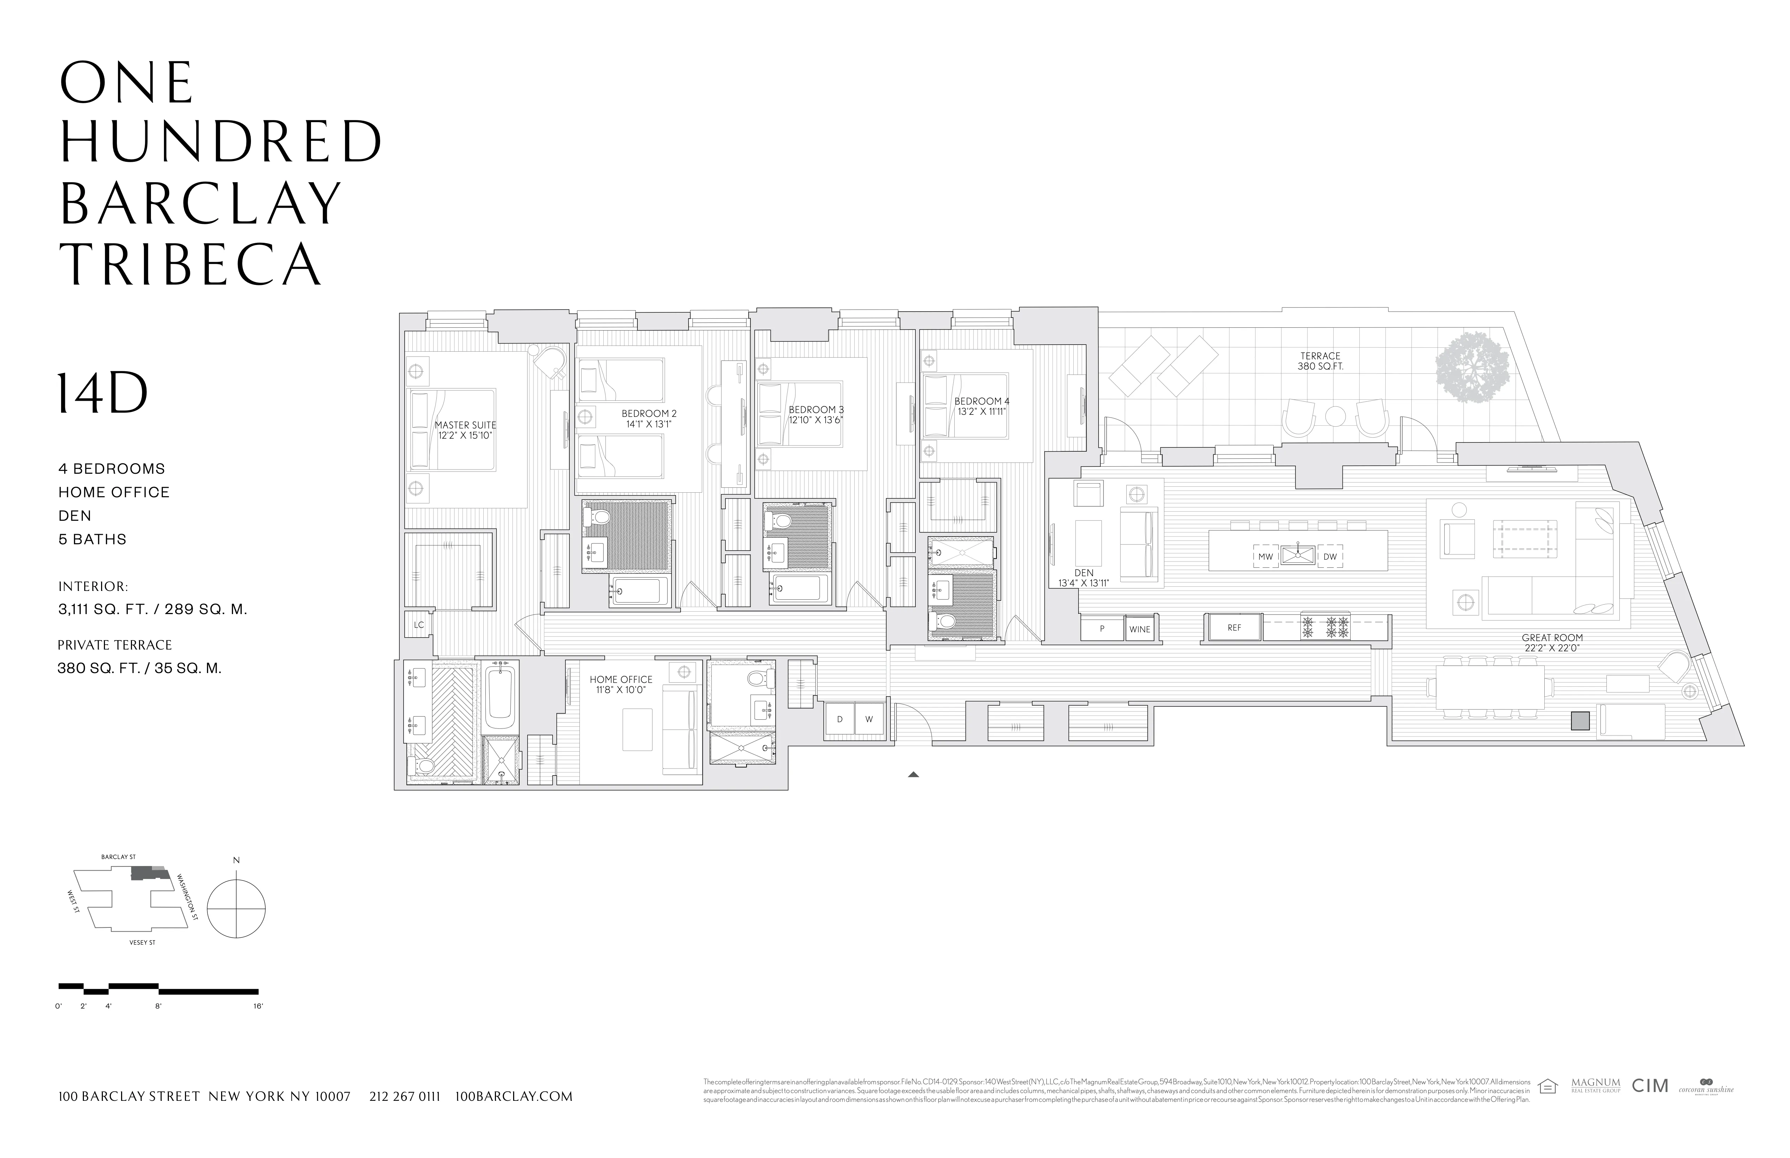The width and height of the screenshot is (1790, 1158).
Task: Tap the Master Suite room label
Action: click(465, 430)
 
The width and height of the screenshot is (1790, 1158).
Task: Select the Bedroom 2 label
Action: click(649, 419)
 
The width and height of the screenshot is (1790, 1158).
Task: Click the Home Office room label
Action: click(621, 684)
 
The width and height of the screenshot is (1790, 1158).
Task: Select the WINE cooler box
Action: click(1139, 630)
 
